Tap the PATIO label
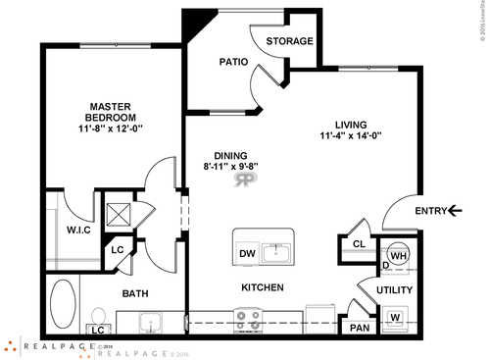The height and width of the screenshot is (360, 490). click(232, 61)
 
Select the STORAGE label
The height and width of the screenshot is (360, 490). click(290, 41)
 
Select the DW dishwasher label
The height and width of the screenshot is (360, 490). click(247, 254)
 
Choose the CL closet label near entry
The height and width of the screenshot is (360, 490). click(359, 244)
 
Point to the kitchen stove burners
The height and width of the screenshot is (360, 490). click(248, 320)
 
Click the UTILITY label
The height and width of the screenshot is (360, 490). click(395, 290)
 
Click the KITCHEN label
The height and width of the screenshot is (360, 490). click(263, 287)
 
